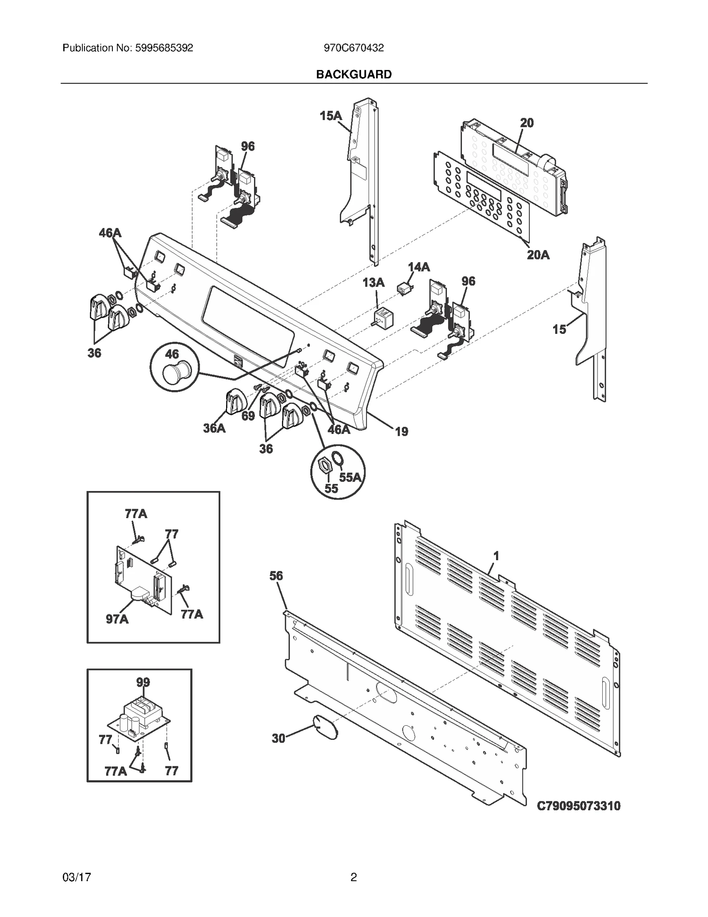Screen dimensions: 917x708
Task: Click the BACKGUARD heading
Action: (x=354, y=74)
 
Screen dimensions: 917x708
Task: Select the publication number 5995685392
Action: (x=162, y=48)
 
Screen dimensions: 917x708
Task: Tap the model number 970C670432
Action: (x=354, y=48)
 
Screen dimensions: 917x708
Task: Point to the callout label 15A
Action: (x=331, y=116)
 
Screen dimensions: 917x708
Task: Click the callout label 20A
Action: (x=538, y=255)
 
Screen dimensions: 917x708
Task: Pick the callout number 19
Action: (x=401, y=431)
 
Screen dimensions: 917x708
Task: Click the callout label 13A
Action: (x=373, y=282)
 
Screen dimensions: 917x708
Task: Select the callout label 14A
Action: (x=419, y=267)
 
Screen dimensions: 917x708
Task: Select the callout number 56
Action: (x=276, y=576)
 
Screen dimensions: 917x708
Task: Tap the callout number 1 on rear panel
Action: (x=496, y=556)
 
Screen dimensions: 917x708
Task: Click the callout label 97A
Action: (x=117, y=619)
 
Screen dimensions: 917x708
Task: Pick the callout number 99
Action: (x=143, y=682)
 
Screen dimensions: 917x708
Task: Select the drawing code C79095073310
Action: (x=578, y=806)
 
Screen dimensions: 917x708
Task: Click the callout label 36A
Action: (x=214, y=428)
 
